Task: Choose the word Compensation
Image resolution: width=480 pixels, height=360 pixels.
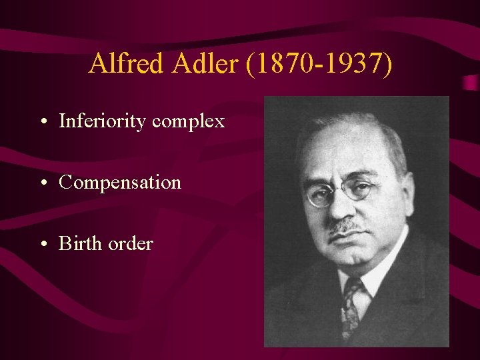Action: [x=120, y=183]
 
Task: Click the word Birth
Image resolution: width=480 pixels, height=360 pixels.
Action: [x=79, y=243]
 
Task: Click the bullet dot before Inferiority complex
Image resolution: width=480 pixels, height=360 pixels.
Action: [x=43, y=123]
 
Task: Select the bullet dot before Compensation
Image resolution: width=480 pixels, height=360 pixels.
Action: [x=43, y=183]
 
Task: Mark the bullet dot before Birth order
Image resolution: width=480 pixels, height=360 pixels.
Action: [x=43, y=245]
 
